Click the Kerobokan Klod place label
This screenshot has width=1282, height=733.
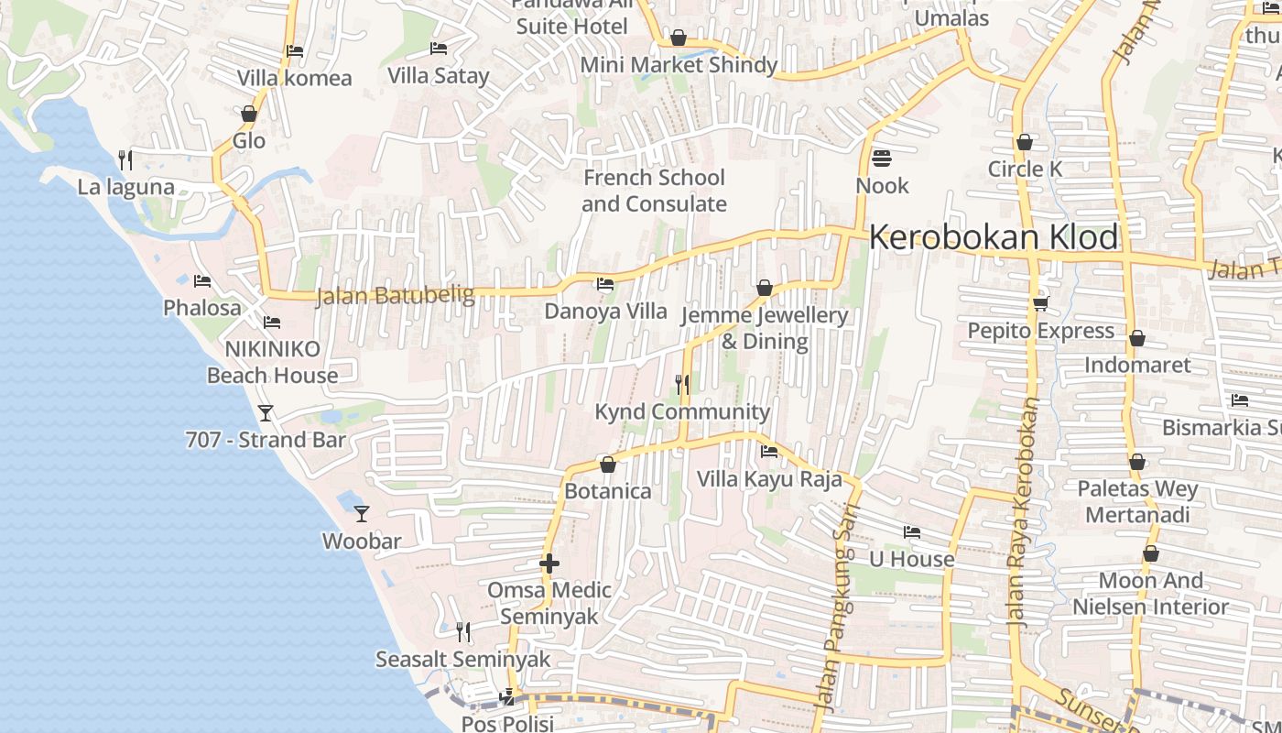pos(994,237)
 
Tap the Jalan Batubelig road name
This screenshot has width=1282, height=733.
pos(395,296)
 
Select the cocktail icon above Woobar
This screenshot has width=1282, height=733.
pos(362,514)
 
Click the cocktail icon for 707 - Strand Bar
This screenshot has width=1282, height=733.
pos(266,413)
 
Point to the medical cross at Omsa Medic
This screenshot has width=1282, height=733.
pos(549,563)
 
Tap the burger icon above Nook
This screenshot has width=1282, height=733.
pos(882,159)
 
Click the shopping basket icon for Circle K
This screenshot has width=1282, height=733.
pos(1025,142)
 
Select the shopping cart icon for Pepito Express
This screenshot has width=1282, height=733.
pos(1040,303)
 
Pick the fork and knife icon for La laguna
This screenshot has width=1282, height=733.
pos(125,160)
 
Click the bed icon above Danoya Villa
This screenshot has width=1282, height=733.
pos(605,284)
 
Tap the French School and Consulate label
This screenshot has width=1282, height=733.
pos(654,191)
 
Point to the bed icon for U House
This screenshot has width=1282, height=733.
pos(911,532)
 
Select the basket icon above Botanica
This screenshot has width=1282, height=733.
pos(607,465)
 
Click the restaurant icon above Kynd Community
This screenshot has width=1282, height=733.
pos(682,385)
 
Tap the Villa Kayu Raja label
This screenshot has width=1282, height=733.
pos(769,479)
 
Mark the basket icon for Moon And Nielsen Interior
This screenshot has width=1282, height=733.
pos(1151,553)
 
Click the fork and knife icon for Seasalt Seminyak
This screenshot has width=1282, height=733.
pos(463,632)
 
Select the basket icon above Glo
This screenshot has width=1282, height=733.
pos(248,114)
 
